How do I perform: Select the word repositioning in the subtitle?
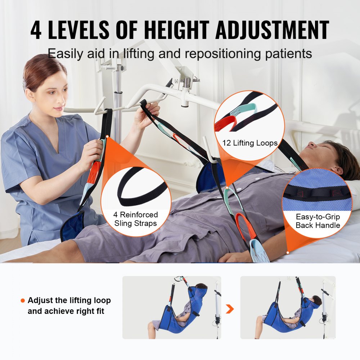pyautogui.click(x=210, y=54)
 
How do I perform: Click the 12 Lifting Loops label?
pyautogui.click(x=250, y=143)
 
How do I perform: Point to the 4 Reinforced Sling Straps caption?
pyautogui.click(x=135, y=219)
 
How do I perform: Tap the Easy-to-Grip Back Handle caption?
pyautogui.click(x=318, y=221)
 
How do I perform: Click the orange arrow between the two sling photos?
pyautogui.click(x=230, y=309)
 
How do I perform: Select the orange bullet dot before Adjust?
pyautogui.click(x=23, y=301)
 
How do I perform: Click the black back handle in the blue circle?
pyautogui.click(x=317, y=191)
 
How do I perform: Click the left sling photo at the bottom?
pyautogui.click(x=172, y=307)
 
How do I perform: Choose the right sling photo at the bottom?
pyautogui.click(x=288, y=307)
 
